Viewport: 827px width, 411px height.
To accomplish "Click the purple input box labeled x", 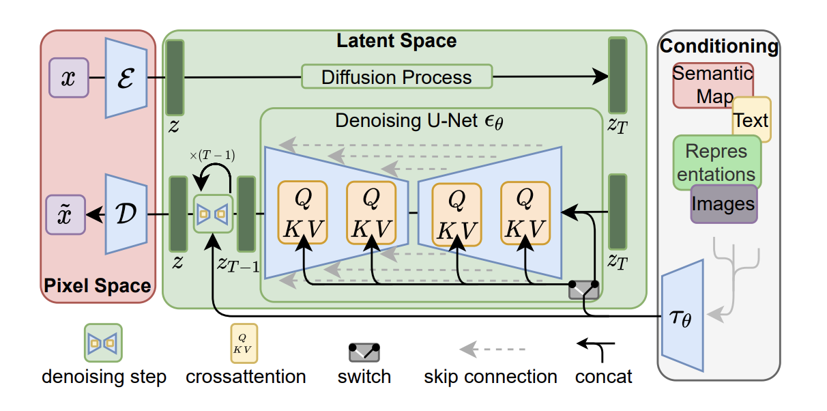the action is (69, 78).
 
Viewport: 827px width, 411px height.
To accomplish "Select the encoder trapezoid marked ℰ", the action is (126, 78).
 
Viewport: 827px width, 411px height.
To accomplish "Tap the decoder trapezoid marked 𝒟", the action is (126, 214).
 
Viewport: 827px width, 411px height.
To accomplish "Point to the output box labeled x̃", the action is (66, 214).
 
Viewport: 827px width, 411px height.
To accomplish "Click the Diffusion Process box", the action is (397, 76).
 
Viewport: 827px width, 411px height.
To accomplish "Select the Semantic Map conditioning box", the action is (712, 85).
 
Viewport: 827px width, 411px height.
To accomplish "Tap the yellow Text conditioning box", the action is (752, 119).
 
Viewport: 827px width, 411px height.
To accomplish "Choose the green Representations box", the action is (717, 162).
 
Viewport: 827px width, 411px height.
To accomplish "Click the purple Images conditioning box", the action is (724, 204).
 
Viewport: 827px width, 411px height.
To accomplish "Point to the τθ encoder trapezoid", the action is (682, 315).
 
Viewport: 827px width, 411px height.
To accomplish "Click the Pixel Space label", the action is (98, 285).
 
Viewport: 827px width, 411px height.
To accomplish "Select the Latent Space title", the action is (396, 40).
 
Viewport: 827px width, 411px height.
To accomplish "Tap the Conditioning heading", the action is (719, 46).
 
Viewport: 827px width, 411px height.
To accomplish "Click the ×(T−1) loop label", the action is (212, 155).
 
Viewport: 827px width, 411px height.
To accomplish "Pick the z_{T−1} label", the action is (238, 264).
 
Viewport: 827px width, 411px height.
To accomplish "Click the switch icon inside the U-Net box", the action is (583, 290).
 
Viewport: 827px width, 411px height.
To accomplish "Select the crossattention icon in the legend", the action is (244, 343).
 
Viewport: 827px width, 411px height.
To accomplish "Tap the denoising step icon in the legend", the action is (103, 343).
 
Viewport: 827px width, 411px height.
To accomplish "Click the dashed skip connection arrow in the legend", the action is (492, 349).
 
